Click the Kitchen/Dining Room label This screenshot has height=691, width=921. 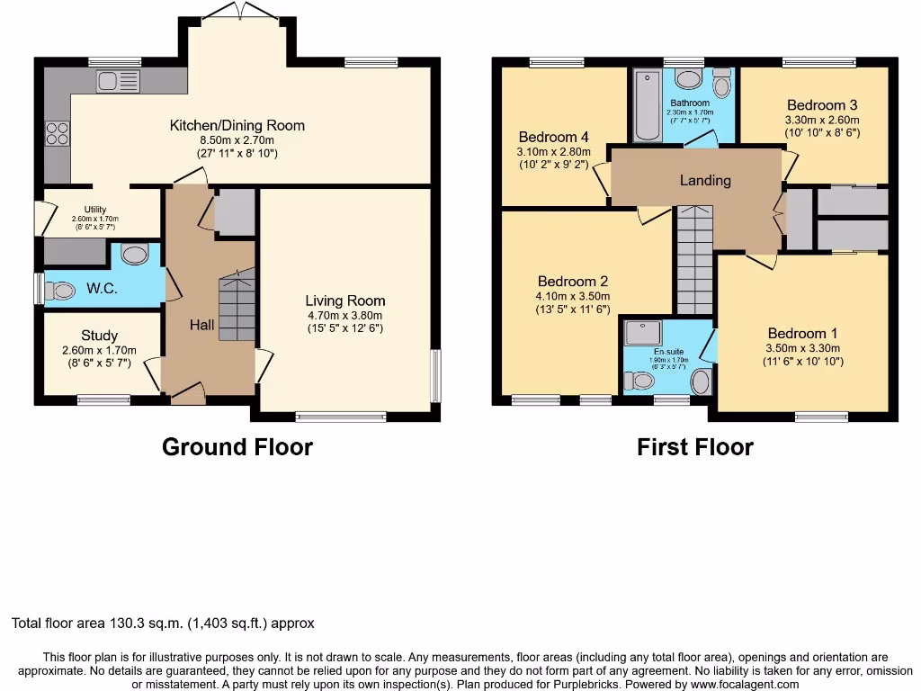coord(237,125)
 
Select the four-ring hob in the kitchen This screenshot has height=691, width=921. coord(58,133)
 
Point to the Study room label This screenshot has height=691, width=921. coord(99,336)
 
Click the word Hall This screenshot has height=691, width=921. coord(201,325)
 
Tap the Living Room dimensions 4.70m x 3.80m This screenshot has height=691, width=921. coord(344,316)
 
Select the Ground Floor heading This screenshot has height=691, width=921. coord(237,446)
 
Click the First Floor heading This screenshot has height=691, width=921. coord(695,446)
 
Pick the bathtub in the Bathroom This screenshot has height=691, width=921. coord(647,105)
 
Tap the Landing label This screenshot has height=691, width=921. coord(705,180)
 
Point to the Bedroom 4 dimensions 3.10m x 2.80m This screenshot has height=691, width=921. coord(554,152)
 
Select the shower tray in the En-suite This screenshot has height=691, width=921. coord(643,335)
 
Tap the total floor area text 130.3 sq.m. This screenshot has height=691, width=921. coord(163,623)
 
